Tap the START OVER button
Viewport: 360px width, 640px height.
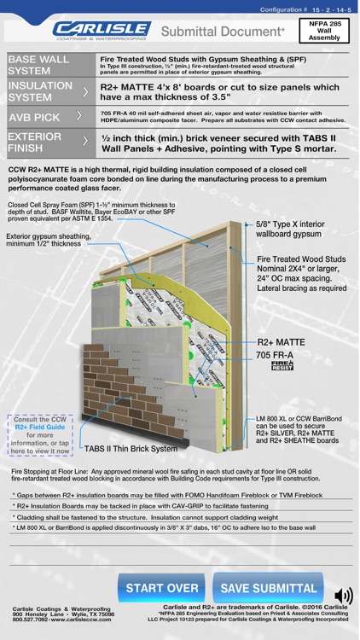pos(162,588)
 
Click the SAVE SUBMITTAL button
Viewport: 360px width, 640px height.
pos(269,588)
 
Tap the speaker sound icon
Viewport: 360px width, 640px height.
pos(343,596)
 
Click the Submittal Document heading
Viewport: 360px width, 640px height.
pos(224,31)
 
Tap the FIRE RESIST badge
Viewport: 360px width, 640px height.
pos(282,368)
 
